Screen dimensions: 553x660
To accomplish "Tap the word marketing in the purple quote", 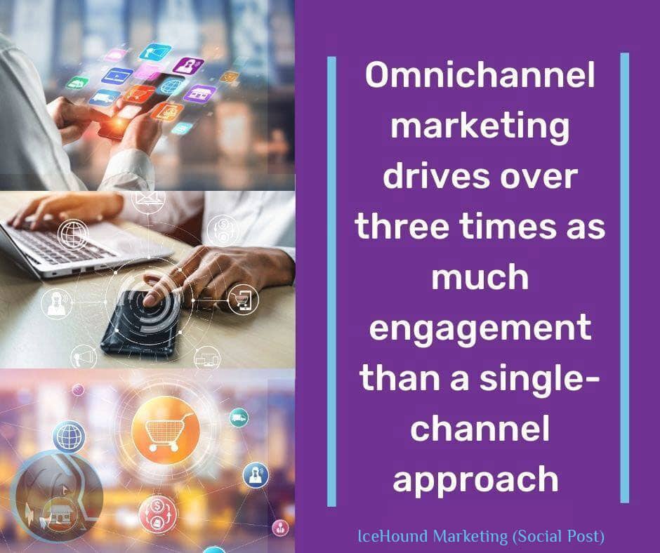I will pyautogui.click(x=480, y=127).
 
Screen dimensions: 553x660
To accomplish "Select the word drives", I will pyautogui.click(x=420, y=178).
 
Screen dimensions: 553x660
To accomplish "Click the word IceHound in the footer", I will pyautogui.click(x=390, y=538).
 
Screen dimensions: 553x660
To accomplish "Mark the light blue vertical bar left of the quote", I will pyautogui.click(x=331, y=281).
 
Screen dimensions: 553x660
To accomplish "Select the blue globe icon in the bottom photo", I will pyautogui.click(x=69, y=436).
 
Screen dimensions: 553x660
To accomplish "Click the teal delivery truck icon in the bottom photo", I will pyautogui.click(x=239, y=418).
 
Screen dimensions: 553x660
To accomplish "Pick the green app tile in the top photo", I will pyautogui.click(x=77, y=82).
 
